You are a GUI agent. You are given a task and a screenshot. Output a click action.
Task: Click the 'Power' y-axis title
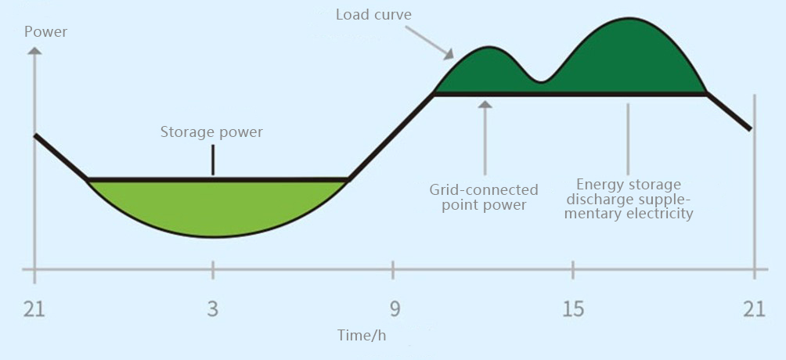click(x=45, y=32)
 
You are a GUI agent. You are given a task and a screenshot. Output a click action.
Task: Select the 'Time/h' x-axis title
click(x=362, y=335)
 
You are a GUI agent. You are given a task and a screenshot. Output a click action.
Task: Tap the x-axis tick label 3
click(x=212, y=309)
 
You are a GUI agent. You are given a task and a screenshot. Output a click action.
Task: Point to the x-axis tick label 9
click(x=394, y=309)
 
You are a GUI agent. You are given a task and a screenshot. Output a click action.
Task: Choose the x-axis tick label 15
click(x=573, y=309)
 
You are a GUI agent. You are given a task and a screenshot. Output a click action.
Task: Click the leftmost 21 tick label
click(x=34, y=309)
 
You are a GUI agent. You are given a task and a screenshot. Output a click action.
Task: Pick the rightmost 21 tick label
click(x=754, y=309)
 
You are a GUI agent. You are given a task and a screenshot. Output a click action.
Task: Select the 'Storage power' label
click(x=211, y=132)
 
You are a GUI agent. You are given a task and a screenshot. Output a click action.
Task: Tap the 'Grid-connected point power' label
click(x=484, y=197)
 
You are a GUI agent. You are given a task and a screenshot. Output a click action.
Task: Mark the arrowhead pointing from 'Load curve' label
click(x=448, y=54)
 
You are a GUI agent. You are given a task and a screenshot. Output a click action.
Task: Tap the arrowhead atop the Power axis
click(x=34, y=51)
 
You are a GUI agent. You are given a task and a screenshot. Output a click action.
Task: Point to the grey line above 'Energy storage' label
click(x=628, y=138)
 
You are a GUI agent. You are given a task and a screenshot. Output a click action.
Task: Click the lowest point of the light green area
click(x=213, y=236)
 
